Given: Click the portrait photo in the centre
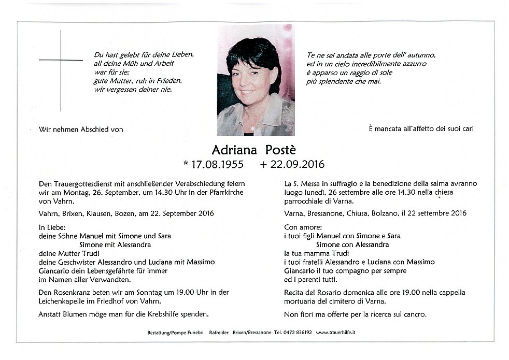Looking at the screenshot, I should point(256,80).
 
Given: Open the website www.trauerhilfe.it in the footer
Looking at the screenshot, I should point(339,332).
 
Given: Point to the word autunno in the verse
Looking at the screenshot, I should point(421,55).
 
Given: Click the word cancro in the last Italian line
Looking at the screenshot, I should point(414,314).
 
